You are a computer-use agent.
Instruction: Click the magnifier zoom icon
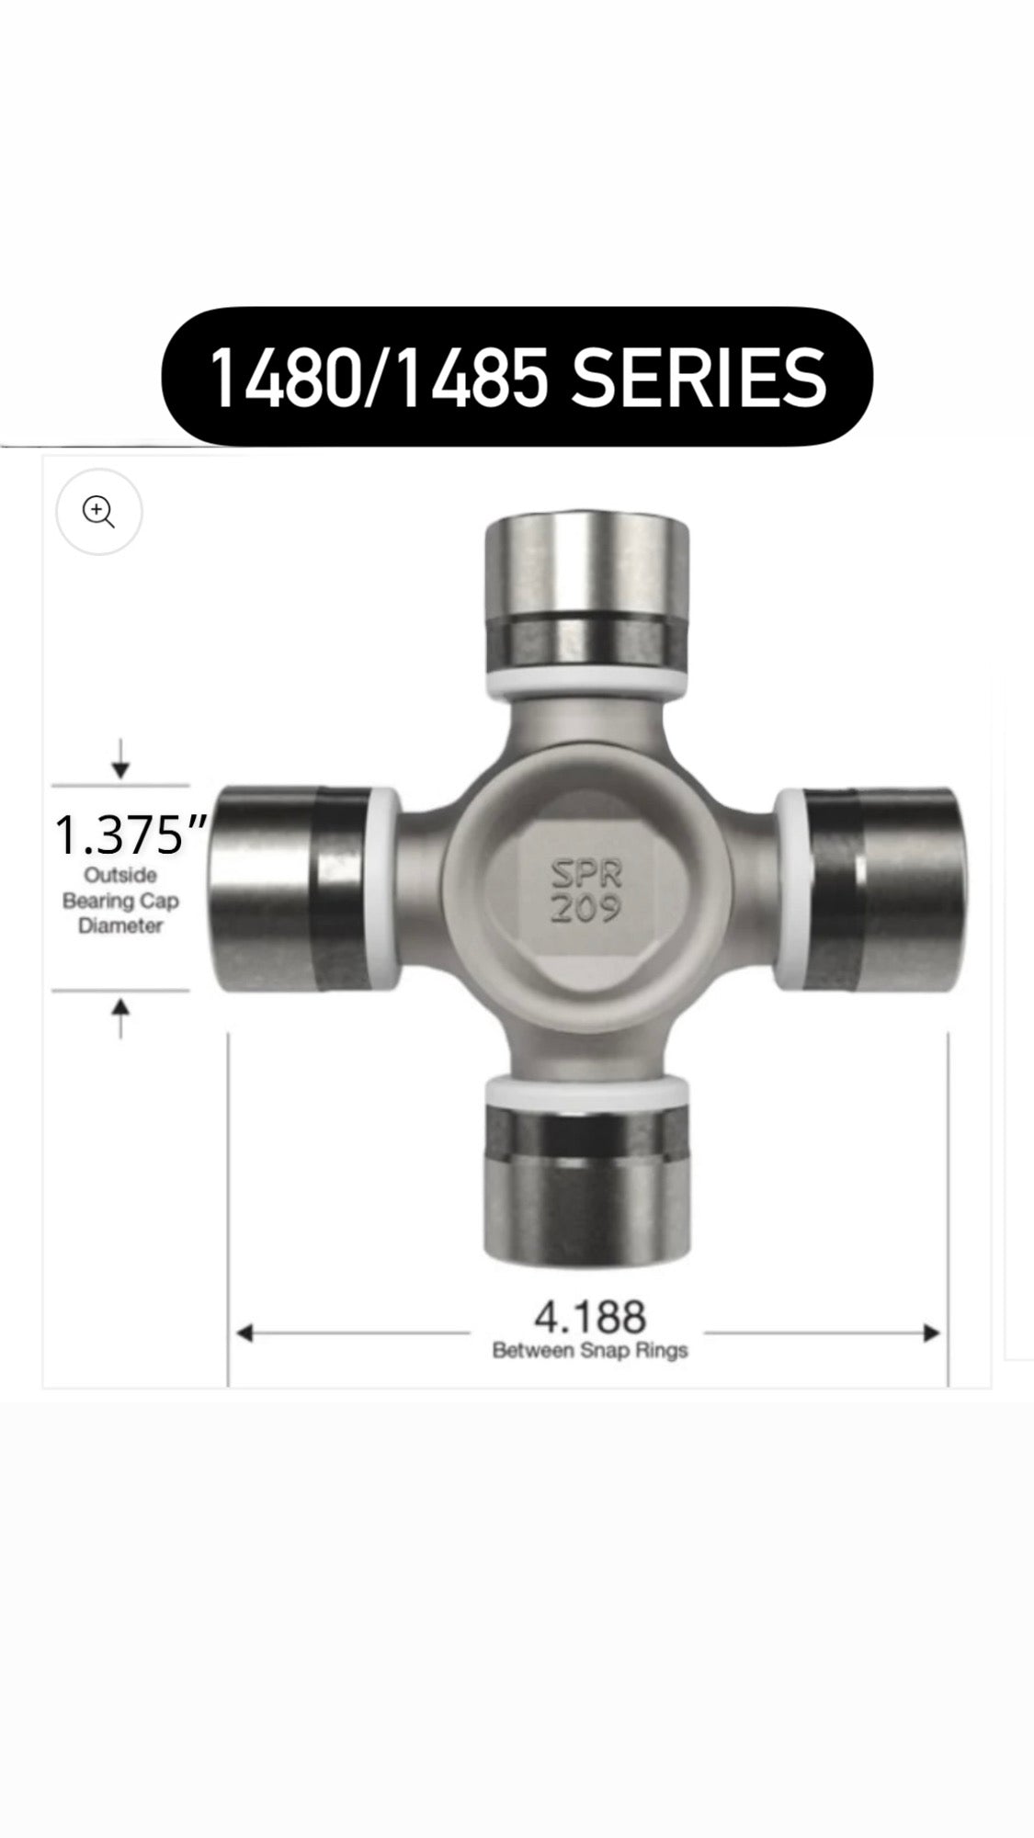click(x=98, y=512)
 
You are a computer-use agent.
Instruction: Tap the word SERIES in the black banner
click(x=699, y=378)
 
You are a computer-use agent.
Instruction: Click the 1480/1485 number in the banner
click(x=379, y=378)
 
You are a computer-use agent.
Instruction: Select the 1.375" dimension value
click(x=130, y=835)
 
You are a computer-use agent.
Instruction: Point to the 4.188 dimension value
click(x=590, y=1317)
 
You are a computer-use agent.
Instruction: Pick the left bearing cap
click(x=290, y=889)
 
